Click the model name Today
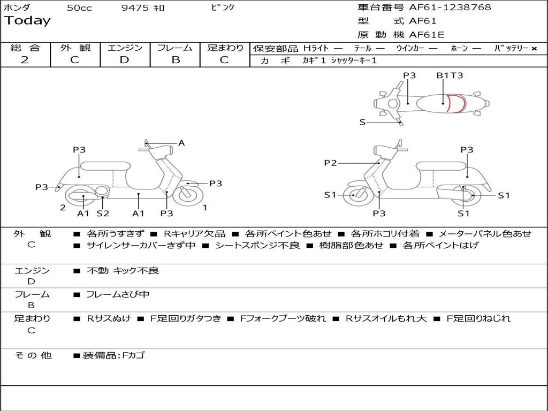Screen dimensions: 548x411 pyautogui.click(x=27, y=21)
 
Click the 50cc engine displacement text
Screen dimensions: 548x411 pyautogui.click(x=79, y=8)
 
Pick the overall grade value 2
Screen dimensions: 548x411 pyautogui.click(x=24, y=60)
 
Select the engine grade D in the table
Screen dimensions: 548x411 pyautogui.click(x=124, y=60)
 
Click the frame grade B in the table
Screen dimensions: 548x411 pyautogui.click(x=176, y=60)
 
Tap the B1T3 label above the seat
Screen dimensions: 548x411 pyautogui.click(x=449, y=75)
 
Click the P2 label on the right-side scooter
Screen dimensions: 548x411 pyautogui.click(x=331, y=163)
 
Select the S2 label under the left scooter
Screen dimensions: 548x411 pyautogui.click(x=103, y=213)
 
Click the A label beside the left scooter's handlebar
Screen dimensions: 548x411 pyautogui.click(x=181, y=143)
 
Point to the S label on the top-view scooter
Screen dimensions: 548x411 pyautogui.click(x=362, y=122)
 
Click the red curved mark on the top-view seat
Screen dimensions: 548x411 pyautogui.click(x=456, y=103)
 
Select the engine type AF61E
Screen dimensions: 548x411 pyautogui.click(x=427, y=35)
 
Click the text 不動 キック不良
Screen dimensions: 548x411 pyautogui.click(x=123, y=271)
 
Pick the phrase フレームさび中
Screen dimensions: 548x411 pyautogui.click(x=118, y=294)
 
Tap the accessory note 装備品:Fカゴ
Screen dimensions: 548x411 pyautogui.click(x=113, y=355)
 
